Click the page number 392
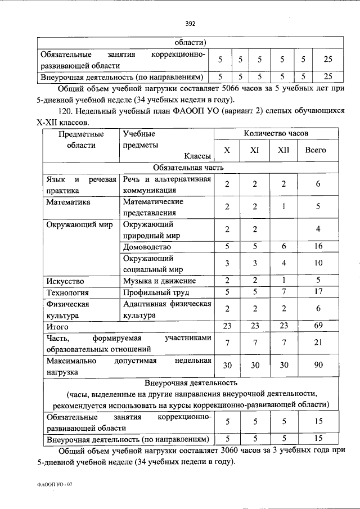[190, 23]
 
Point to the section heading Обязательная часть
[188, 168]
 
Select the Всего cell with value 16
[318, 246]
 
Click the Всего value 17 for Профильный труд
[318, 292]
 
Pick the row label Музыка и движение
[159, 281]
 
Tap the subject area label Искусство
[65, 281]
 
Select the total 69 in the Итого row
[318, 326]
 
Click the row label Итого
[57, 326]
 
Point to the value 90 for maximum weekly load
[318, 365]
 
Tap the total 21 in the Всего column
[318, 343]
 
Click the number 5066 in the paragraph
[233, 89]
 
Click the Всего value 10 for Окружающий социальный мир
[318, 263]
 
